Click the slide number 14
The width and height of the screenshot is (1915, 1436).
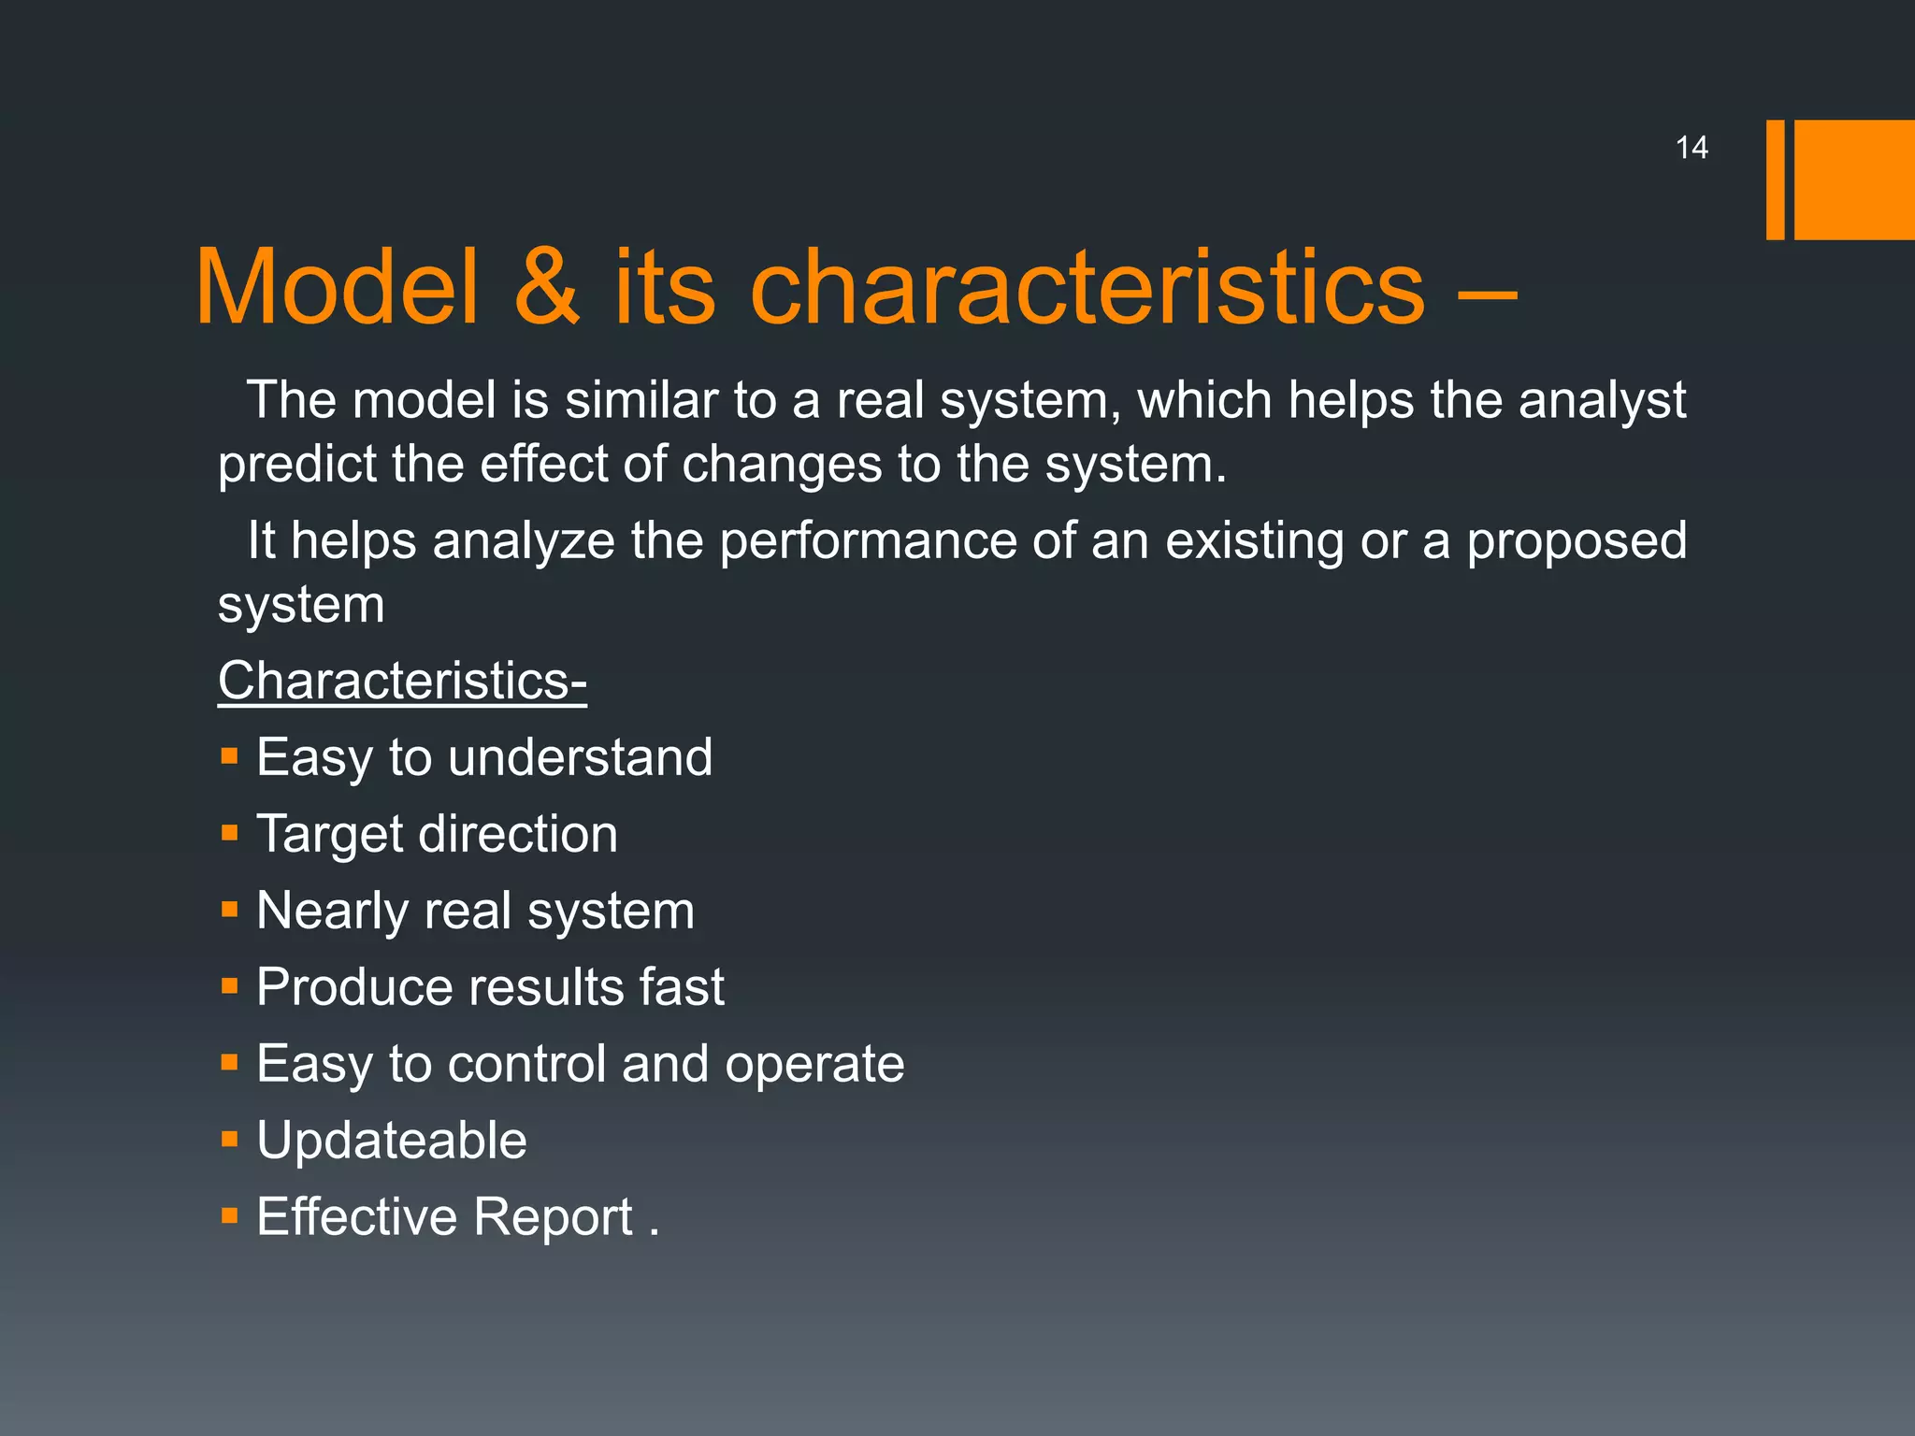(1691, 148)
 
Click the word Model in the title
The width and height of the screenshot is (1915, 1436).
(337, 287)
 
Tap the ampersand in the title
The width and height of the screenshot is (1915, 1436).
(547, 287)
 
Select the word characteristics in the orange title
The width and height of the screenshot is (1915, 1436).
(1087, 287)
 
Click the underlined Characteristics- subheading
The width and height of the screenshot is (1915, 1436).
(402, 681)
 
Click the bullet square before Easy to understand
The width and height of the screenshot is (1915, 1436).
(230, 754)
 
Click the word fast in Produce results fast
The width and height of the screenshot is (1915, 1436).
(682, 987)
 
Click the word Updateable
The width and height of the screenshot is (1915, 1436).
(392, 1141)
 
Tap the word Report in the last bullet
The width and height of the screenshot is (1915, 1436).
(553, 1217)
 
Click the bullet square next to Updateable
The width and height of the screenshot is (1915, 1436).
(230, 1139)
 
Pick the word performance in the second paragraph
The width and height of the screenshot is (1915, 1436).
(869, 541)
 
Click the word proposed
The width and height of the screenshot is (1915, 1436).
(1577, 541)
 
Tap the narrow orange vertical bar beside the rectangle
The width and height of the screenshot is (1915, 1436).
(1775, 179)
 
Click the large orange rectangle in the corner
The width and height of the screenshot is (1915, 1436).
(1854, 179)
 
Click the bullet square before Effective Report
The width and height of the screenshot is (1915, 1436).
(230, 1215)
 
